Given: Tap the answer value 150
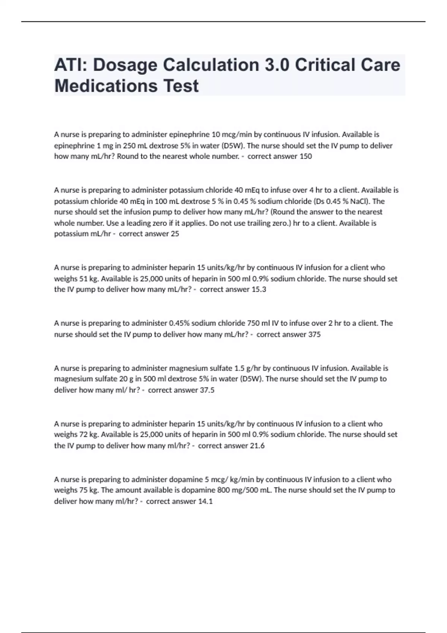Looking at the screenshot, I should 305,156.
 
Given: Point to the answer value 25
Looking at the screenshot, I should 175,234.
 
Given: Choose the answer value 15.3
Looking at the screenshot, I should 259,290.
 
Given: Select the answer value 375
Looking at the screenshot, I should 314,334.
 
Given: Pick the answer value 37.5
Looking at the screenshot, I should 207,390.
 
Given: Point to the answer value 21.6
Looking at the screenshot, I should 257,446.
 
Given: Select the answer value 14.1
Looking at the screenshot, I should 205,502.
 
